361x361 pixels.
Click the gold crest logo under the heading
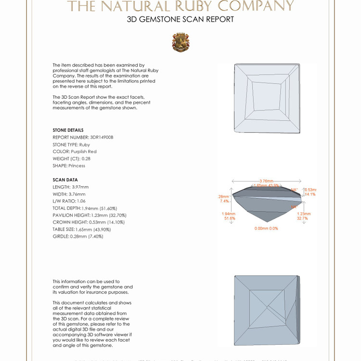point(180,42)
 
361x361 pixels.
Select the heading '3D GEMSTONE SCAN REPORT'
point(180,19)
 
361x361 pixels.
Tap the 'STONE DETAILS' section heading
point(68,130)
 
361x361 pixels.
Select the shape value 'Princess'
point(77,166)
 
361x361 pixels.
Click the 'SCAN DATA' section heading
point(65,180)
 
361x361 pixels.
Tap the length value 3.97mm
point(80,187)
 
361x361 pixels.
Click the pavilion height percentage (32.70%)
point(116,215)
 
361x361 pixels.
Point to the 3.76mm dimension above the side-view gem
point(267,180)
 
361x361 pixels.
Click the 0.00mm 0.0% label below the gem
point(266,228)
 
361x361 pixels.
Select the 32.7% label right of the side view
point(302,218)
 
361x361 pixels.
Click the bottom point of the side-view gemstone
point(267,222)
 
